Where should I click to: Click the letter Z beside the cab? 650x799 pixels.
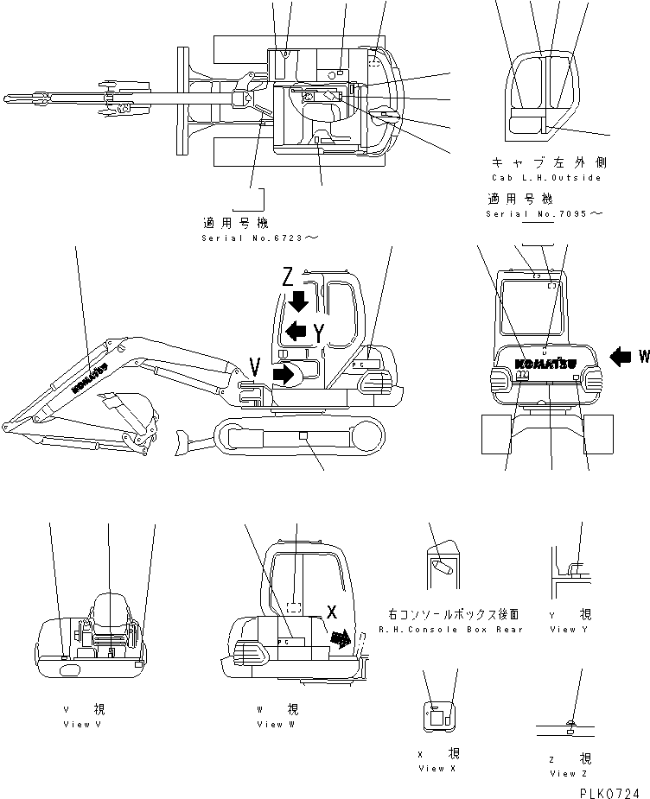tap(290, 277)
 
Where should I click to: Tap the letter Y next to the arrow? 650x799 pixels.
tap(320, 332)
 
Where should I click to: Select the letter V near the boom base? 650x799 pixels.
tap(254, 367)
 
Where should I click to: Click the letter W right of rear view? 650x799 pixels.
tap(643, 355)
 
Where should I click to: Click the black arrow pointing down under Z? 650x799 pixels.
tap(299, 301)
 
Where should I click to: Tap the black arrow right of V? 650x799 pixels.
tap(282, 373)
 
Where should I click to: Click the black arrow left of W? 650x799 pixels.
tap(621, 355)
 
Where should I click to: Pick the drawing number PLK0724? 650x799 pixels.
tap(609, 790)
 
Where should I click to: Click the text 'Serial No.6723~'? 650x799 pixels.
tap(248, 238)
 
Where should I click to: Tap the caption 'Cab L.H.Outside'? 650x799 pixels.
tap(545, 177)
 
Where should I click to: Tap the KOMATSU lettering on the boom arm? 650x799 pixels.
tap(88, 377)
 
